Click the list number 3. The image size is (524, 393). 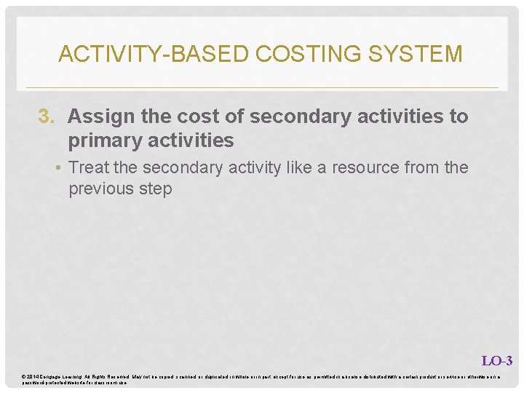tap(46, 116)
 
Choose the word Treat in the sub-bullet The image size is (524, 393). tap(88, 167)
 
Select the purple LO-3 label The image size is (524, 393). tap(497, 361)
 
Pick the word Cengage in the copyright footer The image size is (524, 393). tap(53, 376)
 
